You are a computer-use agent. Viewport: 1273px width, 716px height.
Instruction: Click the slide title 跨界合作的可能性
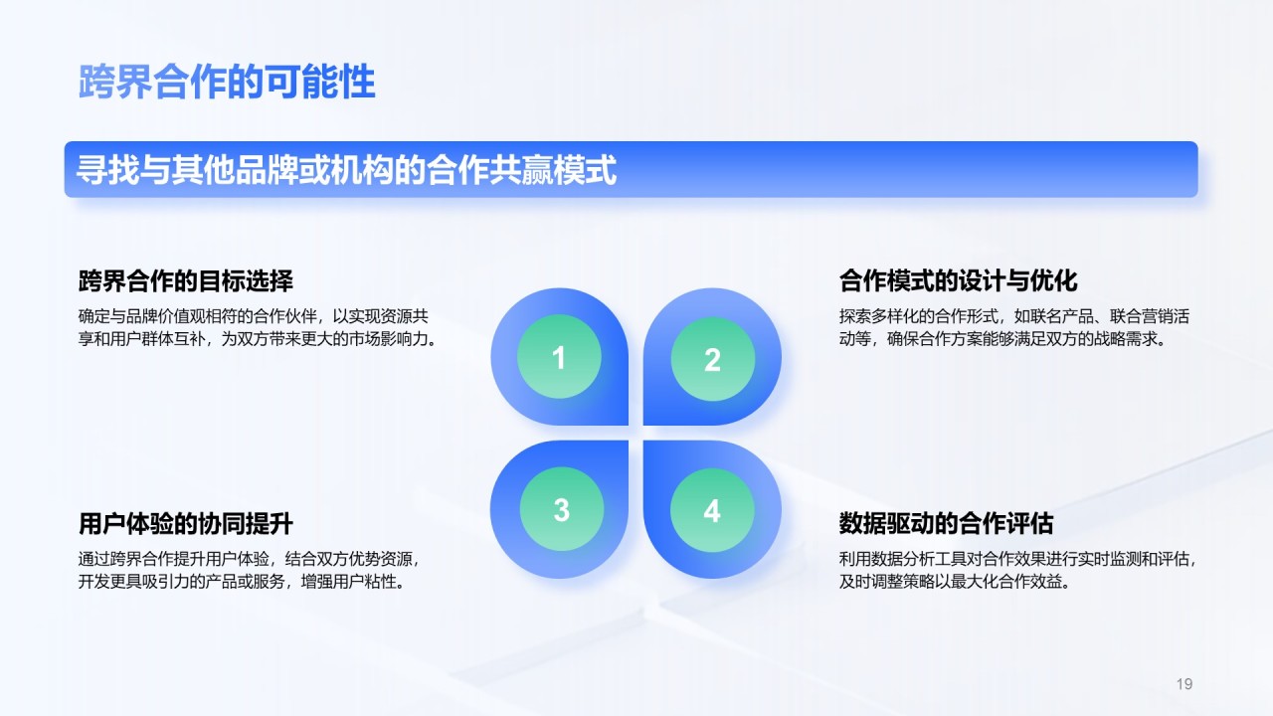coord(227,82)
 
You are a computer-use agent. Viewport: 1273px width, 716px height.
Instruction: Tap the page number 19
coord(1184,683)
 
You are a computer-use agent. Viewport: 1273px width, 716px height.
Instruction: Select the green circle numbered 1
coord(559,356)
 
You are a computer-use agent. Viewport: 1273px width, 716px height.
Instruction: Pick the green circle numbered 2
coord(713,359)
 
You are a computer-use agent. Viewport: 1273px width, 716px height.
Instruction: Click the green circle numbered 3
coord(562,509)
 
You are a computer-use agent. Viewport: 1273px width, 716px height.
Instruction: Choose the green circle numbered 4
coord(712,510)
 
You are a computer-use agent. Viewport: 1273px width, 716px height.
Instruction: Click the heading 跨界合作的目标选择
coord(186,280)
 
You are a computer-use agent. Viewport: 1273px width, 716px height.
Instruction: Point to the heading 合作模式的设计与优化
coord(958,280)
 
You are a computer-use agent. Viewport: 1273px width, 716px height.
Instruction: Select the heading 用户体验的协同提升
coord(186,523)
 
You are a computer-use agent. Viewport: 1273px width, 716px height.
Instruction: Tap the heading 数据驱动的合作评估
coord(946,523)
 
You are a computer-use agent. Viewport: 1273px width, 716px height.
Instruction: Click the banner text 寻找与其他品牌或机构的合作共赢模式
coord(346,169)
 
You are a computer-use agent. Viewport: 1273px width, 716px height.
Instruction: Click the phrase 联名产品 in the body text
coord(1061,316)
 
